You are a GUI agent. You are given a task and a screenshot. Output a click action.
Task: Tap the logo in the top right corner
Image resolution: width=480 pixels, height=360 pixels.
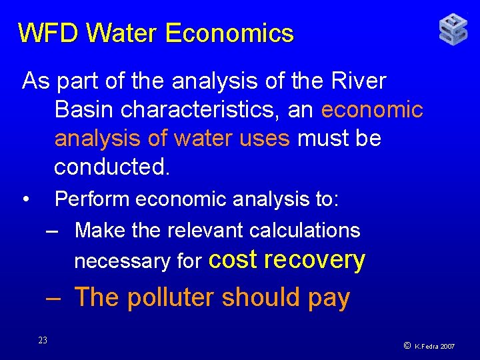tap(453, 30)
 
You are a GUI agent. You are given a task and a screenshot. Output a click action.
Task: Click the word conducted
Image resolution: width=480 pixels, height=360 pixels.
tap(112, 167)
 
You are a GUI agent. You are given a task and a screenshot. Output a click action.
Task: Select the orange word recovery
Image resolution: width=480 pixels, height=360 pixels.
tap(315, 261)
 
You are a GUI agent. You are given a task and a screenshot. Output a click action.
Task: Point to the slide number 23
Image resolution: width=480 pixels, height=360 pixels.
tap(43, 341)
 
